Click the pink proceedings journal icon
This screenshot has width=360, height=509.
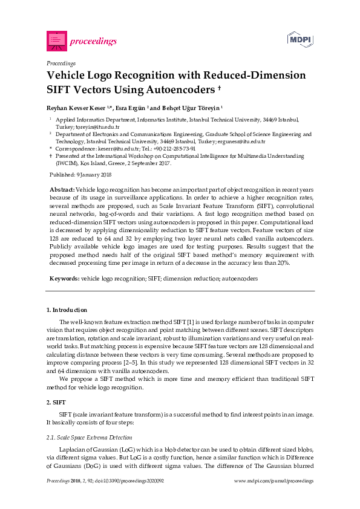(56, 41)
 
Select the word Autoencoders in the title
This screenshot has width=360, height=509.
(179, 90)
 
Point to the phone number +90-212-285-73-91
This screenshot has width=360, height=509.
(174, 148)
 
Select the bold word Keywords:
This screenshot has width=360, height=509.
(64, 279)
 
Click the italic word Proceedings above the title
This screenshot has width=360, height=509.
(61, 63)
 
